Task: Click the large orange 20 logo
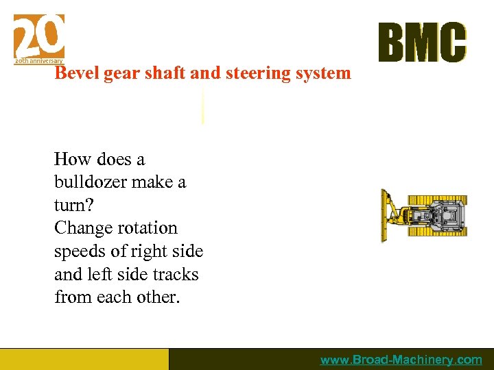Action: [39, 36]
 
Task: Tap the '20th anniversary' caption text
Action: [39, 61]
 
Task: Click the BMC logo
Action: [421, 42]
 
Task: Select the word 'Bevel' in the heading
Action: [77, 73]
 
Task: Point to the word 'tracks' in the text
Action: [175, 275]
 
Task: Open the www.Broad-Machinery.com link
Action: [401, 360]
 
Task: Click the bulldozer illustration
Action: [425, 215]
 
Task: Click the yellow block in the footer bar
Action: [84, 359]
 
